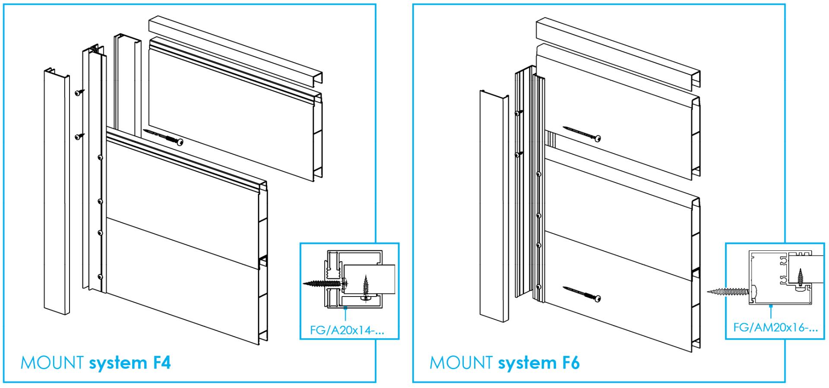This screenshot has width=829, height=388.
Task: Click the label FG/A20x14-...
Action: tap(347, 331)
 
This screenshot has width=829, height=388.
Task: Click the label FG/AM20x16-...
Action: tap(775, 328)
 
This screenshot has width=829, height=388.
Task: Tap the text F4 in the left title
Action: tap(162, 363)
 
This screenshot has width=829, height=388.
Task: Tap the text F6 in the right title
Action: tap(570, 363)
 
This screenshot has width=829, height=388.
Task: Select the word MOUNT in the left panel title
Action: tap(52, 363)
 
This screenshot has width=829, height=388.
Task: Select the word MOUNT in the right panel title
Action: tap(461, 363)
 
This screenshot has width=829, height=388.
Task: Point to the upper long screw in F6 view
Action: tap(581, 133)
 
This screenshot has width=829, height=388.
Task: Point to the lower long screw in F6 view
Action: tap(581, 293)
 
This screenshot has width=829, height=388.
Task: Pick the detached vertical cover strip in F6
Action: tap(494, 205)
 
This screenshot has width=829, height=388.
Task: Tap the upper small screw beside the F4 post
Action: tap(79, 92)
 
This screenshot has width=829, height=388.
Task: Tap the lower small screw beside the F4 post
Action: tap(79, 136)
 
